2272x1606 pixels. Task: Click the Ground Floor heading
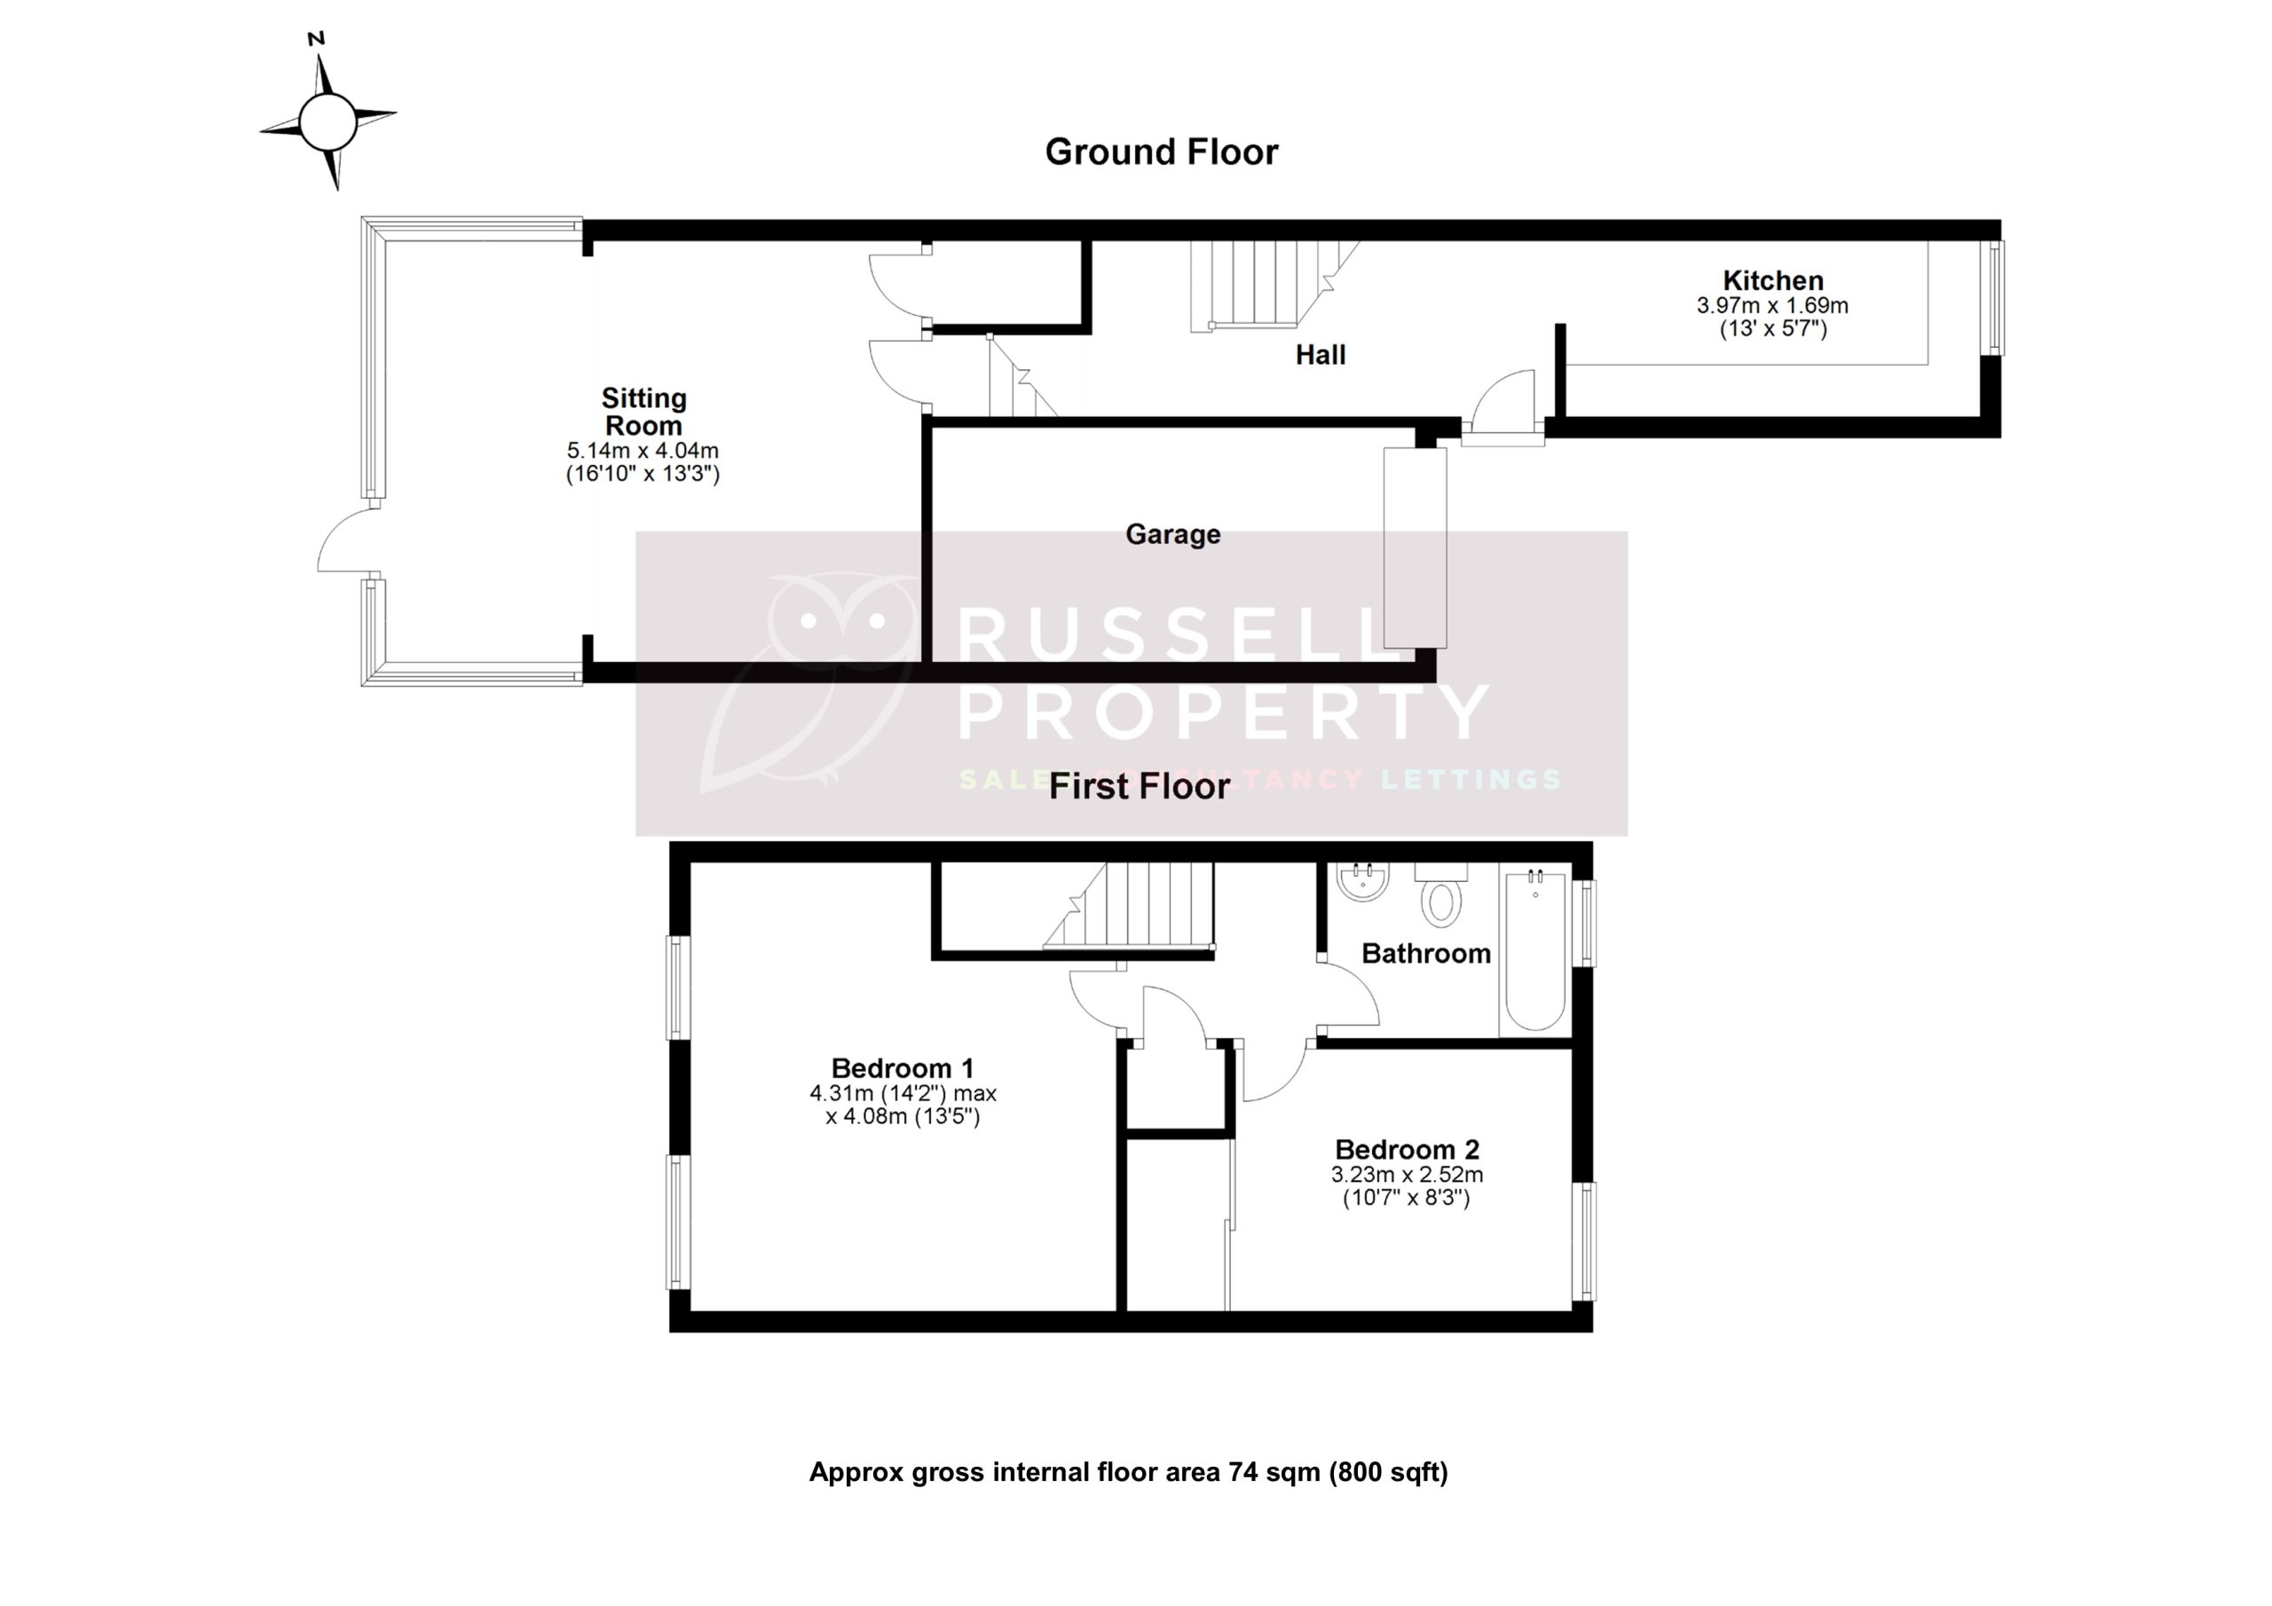tap(1161, 153)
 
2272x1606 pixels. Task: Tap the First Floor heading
tap(1139, 787)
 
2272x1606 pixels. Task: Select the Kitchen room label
tap(1772, 280)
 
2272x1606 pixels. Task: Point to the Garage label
tap(1172, 534)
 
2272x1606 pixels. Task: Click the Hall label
tap(1320, 355)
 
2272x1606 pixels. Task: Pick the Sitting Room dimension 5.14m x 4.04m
tap(643, 450)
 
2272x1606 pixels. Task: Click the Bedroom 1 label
tap(903, 1068)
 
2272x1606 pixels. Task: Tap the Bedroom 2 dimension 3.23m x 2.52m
tap(1406, 1176)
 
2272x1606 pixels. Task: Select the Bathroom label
tap(1426, 954)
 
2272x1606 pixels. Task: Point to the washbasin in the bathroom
tap(1362, 881)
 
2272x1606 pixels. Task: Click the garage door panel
tap(1415, 547)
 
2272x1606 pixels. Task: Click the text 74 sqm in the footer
tap(1274, 1472)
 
